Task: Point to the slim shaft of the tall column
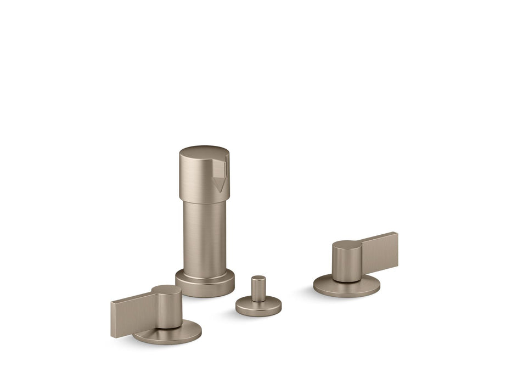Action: tap(204, 236)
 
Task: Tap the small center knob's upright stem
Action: tap(258, 290)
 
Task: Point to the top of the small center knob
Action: tap(258, 278)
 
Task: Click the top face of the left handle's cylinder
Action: tap(166, 291)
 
